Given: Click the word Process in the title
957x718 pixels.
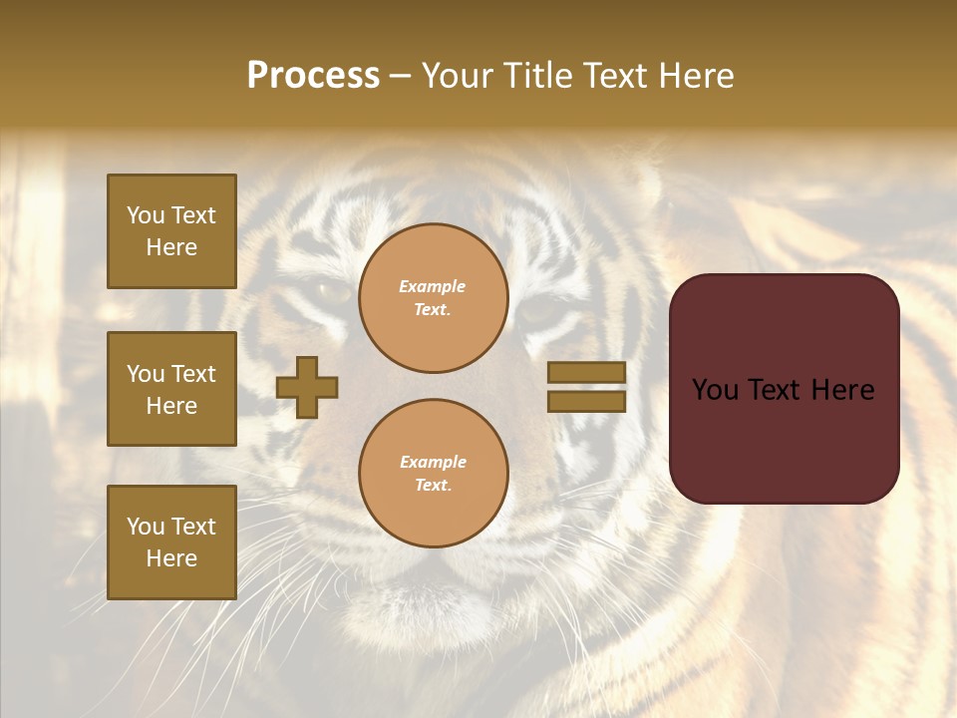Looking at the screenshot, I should (x=313, y=76).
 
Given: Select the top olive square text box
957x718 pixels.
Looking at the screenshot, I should (x=171, y=231).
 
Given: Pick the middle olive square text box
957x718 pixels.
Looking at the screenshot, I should (x=171, y=389).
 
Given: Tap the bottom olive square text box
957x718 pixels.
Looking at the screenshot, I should (x=171, y=542).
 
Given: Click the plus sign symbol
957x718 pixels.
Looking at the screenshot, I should (x=307, y=387).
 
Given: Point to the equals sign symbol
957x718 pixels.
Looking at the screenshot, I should (x=586, y=387).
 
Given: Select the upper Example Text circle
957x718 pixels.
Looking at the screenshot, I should (x=434, y=298).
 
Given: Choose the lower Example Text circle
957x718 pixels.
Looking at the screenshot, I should (x=434, y=474).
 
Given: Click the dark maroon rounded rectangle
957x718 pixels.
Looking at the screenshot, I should (x=784, y=389).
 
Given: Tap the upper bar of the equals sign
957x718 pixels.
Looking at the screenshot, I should (x=586, y=373).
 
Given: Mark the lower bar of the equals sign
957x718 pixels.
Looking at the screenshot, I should (x=586, y=401).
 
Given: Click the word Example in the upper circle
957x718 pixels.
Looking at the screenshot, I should (x=433, y=287).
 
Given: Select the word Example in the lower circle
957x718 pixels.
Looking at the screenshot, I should (x=433, y=463).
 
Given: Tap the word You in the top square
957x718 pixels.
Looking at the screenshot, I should (x=146, y=216).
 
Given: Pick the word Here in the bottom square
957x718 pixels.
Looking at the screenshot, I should (x=171, y=558).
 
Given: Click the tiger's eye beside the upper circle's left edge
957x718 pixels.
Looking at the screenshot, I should (x=332, y=290).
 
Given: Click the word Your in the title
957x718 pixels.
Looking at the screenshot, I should (x=456, y=76).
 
